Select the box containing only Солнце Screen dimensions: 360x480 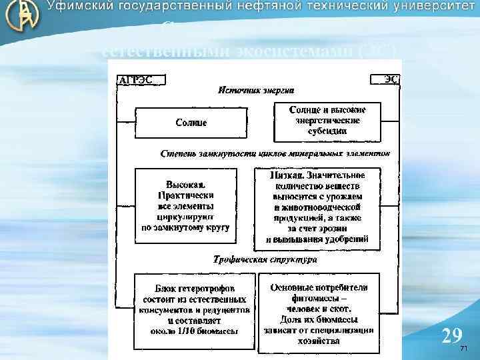point(191,123)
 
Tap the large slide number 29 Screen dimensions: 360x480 point(451,335)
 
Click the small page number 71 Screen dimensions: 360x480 point(464,349)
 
